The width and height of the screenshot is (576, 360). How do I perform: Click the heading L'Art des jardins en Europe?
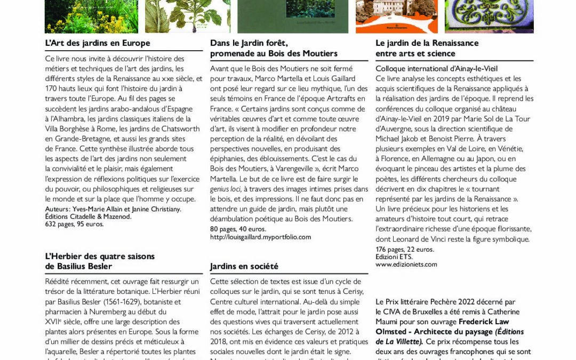[98, 43]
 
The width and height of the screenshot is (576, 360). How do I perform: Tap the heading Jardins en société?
[244, 266]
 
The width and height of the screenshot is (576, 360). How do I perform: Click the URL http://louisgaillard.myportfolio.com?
[260, 237]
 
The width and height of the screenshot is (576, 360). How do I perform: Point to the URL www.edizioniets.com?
[406, 264]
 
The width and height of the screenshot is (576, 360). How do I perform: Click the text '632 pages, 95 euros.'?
[75, 224]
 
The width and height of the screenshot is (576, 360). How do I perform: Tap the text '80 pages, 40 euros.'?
[238, 229]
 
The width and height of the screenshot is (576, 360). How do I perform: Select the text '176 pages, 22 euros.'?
[405, 249]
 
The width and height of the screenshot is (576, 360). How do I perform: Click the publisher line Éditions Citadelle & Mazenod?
[89, 217]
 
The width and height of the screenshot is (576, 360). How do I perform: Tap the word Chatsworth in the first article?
[177, 129]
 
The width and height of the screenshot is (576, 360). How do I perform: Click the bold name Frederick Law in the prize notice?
[484, 322]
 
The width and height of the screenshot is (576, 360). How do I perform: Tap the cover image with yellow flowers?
[91, 16]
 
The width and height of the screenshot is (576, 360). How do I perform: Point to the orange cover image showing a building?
[396, 16]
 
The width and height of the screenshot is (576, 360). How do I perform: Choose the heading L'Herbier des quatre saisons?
[100, 256]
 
